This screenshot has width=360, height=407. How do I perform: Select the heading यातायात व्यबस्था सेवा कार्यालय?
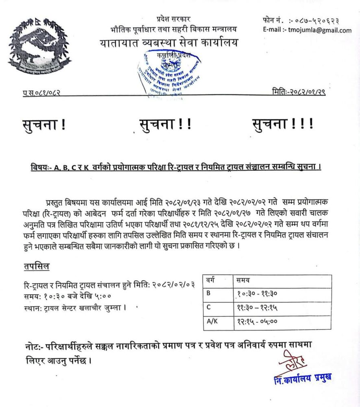click(x=168, y=42)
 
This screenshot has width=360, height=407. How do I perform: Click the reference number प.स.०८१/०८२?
click(x=41, y=93)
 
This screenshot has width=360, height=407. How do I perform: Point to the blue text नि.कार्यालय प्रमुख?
click(x=303, y=378)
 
